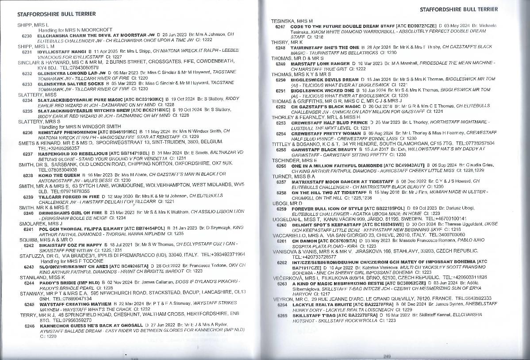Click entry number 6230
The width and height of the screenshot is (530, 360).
click(x=27, y=34)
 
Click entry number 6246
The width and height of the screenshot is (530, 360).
click(x=29, y=326)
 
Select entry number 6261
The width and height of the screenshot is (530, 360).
click(x=282, y=241)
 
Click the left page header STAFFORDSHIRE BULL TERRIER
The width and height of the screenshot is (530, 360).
click(x=57, y=14)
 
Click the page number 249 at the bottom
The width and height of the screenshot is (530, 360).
click(x=387, y=356)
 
